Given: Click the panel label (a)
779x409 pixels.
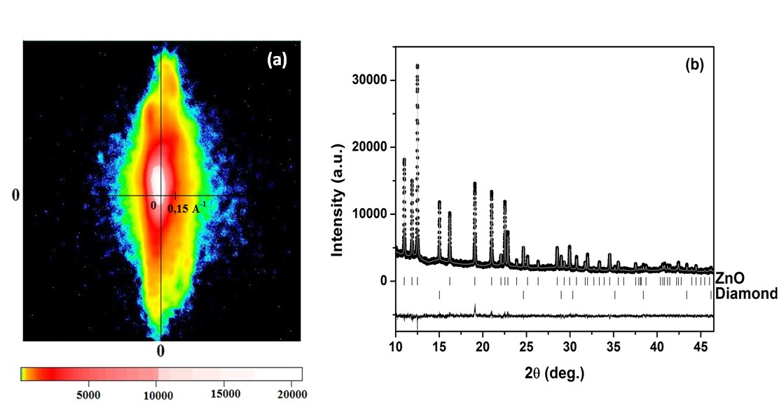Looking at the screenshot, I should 277,60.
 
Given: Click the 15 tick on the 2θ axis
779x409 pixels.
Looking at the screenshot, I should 439,346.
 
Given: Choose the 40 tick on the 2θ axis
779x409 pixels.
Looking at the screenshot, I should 657,346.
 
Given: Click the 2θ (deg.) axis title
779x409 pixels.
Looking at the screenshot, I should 554,372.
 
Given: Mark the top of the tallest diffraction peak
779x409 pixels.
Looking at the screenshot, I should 418,65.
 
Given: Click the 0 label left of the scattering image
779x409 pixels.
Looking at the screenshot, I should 15,195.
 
